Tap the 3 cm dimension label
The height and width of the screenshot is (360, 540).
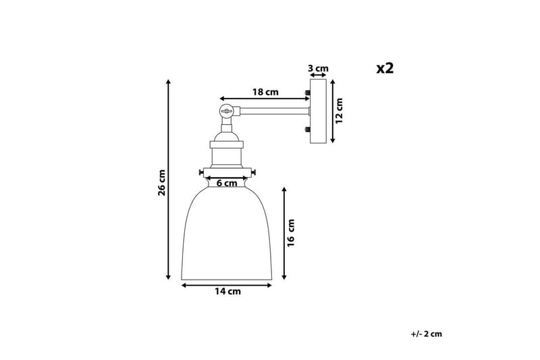pyautogui.click(x=317, y=68)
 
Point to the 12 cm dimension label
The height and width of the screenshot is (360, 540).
pyautogui.click(x=340, y=111)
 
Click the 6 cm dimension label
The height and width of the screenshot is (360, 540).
pyautogui.click(x=226, y=182)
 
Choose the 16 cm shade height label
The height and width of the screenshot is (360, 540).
pyautogui.click(x=292, y=234)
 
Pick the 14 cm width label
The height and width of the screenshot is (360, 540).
pyautogui.click(x=227, y=292)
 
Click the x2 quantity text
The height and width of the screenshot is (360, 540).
pyautogui.click(x=385, y=68)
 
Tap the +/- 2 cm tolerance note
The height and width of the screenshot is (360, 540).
pyautogui.click(x=425, y=333)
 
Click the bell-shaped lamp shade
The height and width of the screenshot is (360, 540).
pyautogui.click(x=227, y=236)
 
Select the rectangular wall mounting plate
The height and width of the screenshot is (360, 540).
pyautogui.click(x=318, y=111)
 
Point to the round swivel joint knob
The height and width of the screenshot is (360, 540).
pyautogui.click(x=227, y=110)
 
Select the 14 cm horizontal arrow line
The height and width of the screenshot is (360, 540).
pyautogui.click(x=227, y=285)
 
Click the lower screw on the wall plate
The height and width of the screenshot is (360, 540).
pyautogui.click(x=307, y=130)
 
